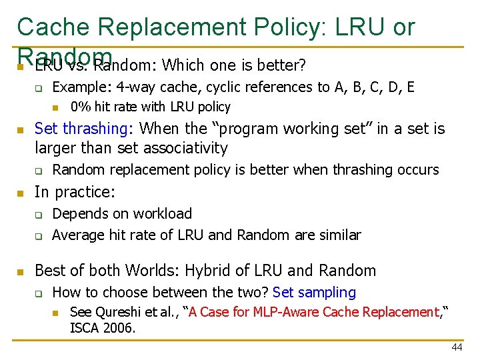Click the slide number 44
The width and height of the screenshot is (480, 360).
coord(457,347)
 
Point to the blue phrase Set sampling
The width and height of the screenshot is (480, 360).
coord(315,292)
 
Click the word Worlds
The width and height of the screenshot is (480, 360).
coord(151,271)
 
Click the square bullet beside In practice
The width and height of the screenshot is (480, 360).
coord(21,193)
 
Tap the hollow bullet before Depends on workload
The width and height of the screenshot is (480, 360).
coord(39,215)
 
